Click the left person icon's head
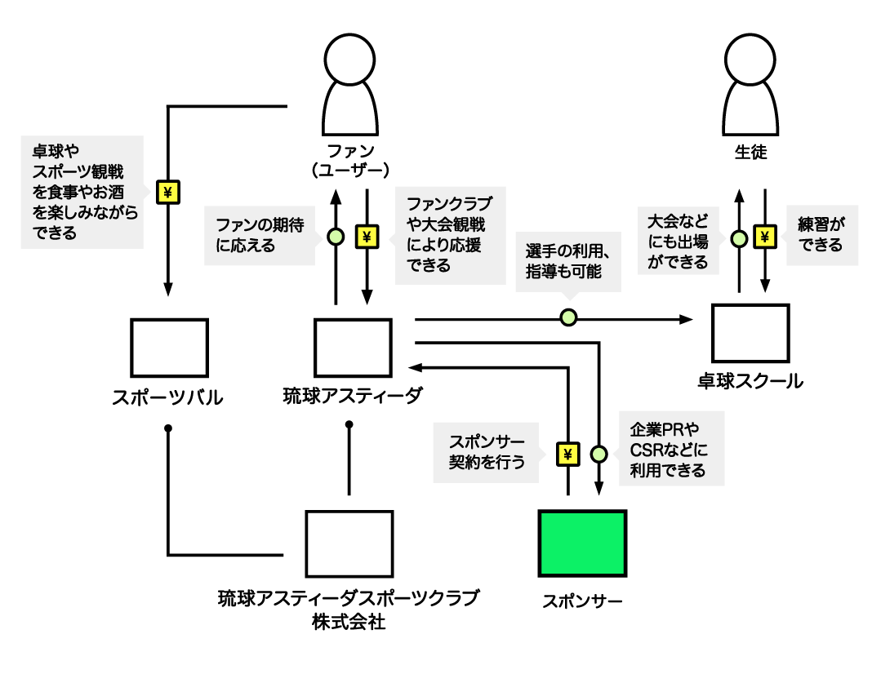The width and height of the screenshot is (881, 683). [349, 60]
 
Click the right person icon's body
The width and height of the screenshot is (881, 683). [750, 110]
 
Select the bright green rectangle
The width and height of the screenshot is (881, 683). [582, 543]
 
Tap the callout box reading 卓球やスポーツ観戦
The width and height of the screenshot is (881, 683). [82, 192]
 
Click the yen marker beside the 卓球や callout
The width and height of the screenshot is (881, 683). [168, 193]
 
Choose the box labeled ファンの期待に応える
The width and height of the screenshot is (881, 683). [259, 235]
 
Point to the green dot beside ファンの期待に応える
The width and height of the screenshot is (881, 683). [336, 237]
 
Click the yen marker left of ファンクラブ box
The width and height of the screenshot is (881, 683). [367, 237]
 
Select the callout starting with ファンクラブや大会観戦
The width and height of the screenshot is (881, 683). [450, 235]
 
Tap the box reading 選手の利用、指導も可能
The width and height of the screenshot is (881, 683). [567, 261]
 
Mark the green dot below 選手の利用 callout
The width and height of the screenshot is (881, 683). [568, 317]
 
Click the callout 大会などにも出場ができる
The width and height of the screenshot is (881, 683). [678, 240]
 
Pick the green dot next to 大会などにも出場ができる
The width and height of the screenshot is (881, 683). [739, 238]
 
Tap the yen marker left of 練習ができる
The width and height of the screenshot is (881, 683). [765, 237]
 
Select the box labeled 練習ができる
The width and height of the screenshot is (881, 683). [822, 235]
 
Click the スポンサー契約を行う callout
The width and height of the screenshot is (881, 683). [486, 452]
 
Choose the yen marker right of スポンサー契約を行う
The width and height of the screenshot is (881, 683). [568, 454]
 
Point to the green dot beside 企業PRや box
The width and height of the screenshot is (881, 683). [599, 454]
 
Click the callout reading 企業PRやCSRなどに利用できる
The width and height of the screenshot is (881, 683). [671, 449]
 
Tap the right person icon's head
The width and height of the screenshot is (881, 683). [750, 60]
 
